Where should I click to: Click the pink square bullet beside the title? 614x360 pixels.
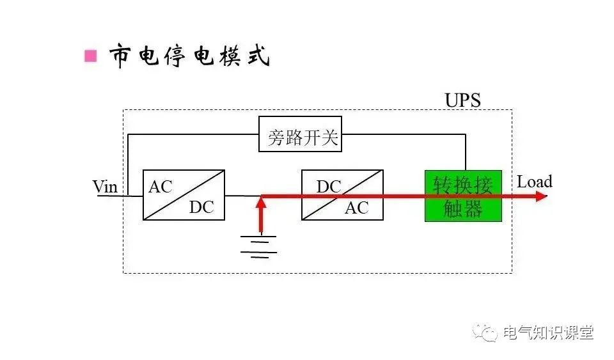(x=91, y=56)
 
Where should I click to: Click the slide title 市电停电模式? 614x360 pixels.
(x=189, y=56)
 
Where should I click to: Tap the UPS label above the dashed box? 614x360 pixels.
(x=462, y=100)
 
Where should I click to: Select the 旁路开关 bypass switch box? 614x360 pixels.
(x=300, y=134)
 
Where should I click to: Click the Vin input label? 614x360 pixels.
(x=106, y=187)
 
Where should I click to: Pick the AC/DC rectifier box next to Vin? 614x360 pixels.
(x=184, y=195)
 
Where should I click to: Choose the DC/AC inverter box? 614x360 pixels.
(x=342, y=195)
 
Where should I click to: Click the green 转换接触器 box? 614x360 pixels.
(x=463, y=196)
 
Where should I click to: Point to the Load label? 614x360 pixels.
(x=534, y=182)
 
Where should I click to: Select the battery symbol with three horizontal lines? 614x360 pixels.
(x=259, y=246)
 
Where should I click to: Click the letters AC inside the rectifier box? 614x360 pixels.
(x=161, y=187)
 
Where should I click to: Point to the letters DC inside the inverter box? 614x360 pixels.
(x=329, y=187)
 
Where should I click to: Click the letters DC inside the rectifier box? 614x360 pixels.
(x=201, y=208)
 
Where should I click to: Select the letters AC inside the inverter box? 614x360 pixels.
(x=357, y=208)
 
